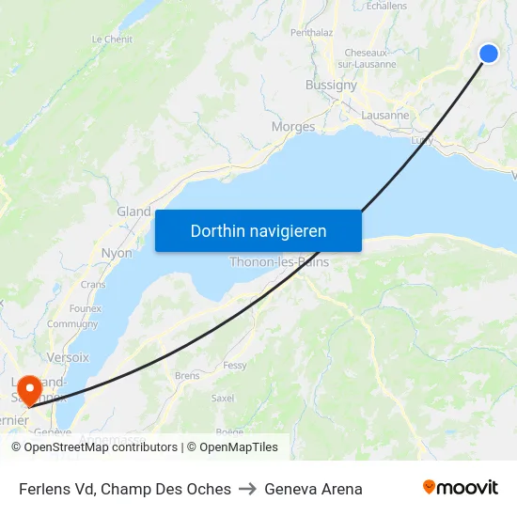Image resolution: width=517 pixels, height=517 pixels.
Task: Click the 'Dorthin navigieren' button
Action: [258, 230]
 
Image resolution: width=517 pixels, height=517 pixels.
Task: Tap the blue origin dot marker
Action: [489, 54]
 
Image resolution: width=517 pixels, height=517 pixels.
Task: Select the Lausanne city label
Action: [385, 116]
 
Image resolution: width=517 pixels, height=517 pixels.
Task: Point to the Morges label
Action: [292, 127]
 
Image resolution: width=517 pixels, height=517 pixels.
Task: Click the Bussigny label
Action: [331, 85]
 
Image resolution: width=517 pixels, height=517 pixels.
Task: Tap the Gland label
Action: [133, 211]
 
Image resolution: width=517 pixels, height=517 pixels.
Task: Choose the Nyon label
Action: [117, 253]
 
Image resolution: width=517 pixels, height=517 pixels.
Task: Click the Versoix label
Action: [68, 357]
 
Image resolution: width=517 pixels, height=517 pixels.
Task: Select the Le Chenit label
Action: [112, 39]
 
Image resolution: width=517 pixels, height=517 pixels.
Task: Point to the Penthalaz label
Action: [312, 32]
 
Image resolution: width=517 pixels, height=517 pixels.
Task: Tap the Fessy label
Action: [234, 365]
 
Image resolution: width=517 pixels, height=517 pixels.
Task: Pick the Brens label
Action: [187, 376]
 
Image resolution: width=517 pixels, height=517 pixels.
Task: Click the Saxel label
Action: [223, 398]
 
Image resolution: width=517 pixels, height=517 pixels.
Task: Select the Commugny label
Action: [72, 324]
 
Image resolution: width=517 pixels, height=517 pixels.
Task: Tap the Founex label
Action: [85, 307]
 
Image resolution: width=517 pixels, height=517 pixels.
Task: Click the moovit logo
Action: [460, 488]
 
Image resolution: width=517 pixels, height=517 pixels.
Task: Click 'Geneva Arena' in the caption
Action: [313, 489]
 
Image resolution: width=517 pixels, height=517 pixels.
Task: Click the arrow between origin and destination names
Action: [247, 489]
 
